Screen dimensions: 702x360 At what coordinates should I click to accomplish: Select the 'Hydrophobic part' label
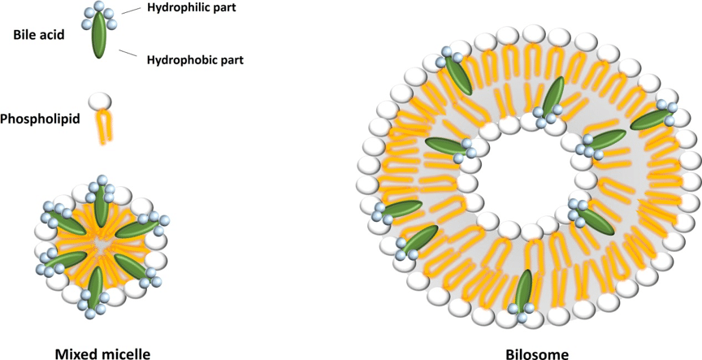click(x=195, y=59)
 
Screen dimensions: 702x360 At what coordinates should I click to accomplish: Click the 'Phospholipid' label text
click(x=41, y=119)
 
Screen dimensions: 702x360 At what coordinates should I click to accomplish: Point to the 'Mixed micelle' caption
click(x=102, y=353)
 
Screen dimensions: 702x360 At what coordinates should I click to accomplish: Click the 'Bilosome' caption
click(x=537, y=353)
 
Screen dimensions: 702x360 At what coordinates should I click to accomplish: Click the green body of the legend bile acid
click(x=99, y=35)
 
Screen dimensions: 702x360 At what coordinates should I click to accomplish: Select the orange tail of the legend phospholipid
click(x=105, y=127)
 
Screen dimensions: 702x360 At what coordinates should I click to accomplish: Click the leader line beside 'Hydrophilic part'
click(x=130, y=11)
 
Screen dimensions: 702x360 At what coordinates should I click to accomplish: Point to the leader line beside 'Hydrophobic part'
click(x=127, y=53)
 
